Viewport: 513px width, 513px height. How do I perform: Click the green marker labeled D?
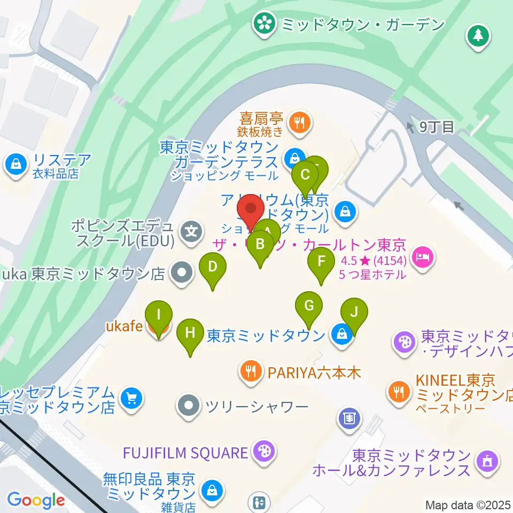pyautogui.click(x=213, y=267)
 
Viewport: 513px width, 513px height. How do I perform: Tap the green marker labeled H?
pyautogui.click(x=190, y=333)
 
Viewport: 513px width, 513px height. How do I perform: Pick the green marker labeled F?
pyautogui.click(x=321, y=262)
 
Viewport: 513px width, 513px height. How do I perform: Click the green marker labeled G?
pyautogui.click(x=309, y=306)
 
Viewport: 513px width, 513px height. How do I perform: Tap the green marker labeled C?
pyautogui.click(x=306, y=175)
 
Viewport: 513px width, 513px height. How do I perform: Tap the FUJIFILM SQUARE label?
pyautogui.click(x=184, y=453)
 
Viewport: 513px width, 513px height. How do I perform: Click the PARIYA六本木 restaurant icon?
pyautogui.click(x=250, y=370)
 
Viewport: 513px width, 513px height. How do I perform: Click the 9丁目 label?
pyautogui.click(x=436, y=127)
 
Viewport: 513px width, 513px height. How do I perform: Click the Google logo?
pyautogui.click(x=36, y=500)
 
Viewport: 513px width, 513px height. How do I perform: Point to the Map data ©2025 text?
pyautogui.click(x=468, y=505)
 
